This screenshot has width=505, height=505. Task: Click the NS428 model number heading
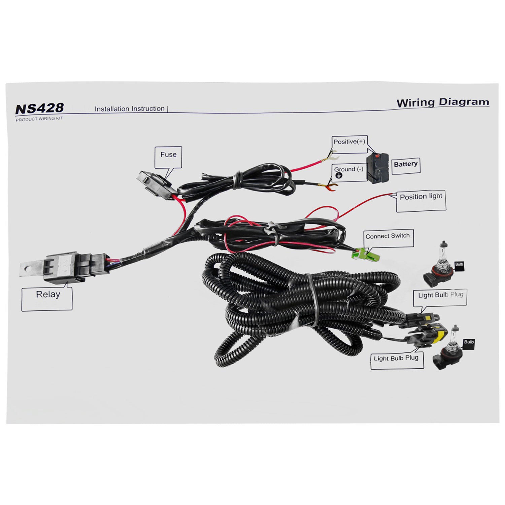(x=39, y=108)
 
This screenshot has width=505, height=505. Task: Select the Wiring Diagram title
(x=442, y=102)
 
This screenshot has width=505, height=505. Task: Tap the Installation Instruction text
(x=130, y=109)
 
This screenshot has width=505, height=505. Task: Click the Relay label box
(x=47, y=299)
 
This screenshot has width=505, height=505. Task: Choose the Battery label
(x=406, y=165)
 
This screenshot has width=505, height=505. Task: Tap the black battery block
(x=378, y=168)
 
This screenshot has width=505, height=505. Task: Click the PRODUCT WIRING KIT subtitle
(x=39, y=119)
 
